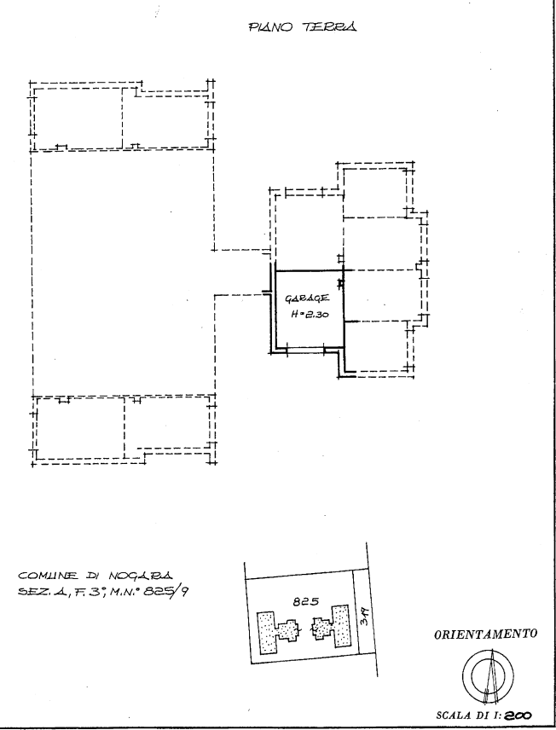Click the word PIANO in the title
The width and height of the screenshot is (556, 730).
click(x=270, y=27)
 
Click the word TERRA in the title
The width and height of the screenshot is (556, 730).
click(x=330, y=27)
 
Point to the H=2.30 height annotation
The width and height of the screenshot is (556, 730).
click(x=310, y=314)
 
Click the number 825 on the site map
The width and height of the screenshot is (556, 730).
click(x=306, y=601)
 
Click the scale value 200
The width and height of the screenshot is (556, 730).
click(x=517, y=716)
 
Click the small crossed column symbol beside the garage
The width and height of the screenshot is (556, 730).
click(x=341, y=282)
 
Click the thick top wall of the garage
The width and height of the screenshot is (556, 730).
click(x=310, y=271)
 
